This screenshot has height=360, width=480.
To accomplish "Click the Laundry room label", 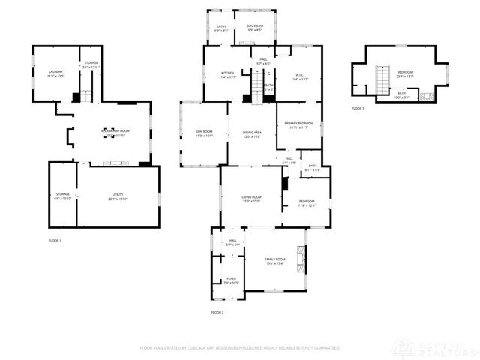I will pos(55,73).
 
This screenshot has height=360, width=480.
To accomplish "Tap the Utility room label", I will pos(117,196).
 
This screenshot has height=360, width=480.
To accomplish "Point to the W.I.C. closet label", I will pos(298,76).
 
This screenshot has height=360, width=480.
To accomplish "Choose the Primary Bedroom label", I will pos(298,124).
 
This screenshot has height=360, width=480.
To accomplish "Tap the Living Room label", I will pos(250,199).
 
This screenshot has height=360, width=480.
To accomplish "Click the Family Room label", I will pos(275,260).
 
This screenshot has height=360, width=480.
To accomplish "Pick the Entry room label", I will pos(221,28).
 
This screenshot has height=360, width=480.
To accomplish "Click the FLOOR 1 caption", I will pos(54,240).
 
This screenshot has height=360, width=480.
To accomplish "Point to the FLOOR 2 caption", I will pos(217,311).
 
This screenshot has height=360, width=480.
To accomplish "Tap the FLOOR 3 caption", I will pos(358,109).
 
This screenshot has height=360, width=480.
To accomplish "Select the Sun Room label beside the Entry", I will pos(255,28).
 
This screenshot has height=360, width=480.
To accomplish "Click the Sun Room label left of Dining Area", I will pos(204,133).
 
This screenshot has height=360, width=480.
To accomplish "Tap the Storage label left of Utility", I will pos(63,196).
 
